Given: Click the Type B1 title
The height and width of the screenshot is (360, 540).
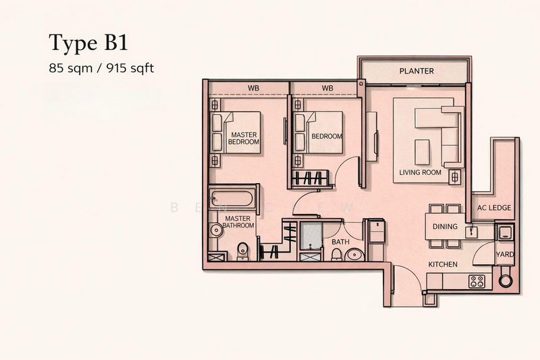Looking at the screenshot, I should click(87, 44).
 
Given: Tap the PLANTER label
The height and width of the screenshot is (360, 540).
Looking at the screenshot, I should click(416, 71).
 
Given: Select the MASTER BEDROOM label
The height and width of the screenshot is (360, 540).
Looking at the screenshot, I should click(243, 138).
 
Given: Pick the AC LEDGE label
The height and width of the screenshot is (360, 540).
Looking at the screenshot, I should click(494, 207).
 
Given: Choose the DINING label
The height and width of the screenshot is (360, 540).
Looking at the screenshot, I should click(445, 227).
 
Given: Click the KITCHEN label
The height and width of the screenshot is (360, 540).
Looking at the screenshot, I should click(443, 263).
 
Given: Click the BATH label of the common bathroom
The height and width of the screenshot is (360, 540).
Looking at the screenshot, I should click(340, 241).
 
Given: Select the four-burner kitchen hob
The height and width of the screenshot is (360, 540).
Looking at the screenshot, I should click(478, 281).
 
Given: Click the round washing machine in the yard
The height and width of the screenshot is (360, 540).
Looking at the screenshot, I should click(506, 281).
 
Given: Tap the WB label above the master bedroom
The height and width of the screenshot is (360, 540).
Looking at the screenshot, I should click(254, 88).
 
